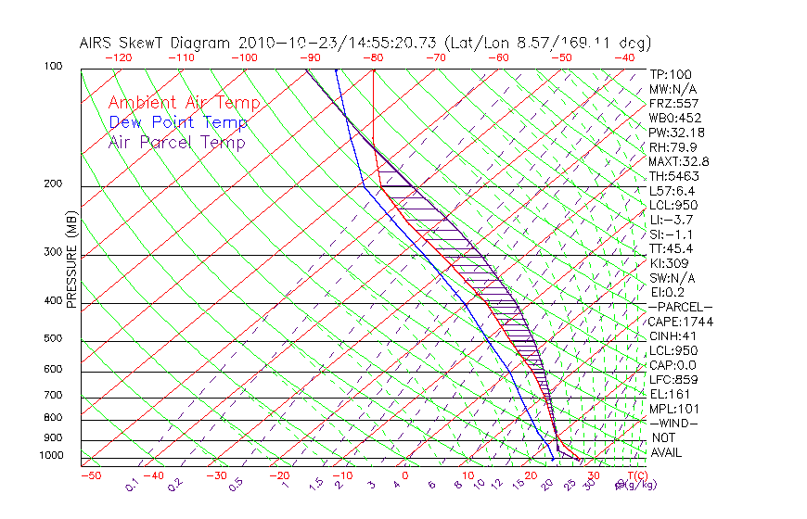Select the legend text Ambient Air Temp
[x=184, y=104]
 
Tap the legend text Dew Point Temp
[x=178, y=123]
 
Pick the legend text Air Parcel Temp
[x=176, y=143]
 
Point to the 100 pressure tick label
[x=53, y=67]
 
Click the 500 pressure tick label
[x=53, y=339]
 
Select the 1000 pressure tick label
[x=50, y=456]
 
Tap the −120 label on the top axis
[x=118, y=57]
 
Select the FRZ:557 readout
[x=673, y=104]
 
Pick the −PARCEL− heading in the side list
[x=680, y=307]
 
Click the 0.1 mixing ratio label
[x=133, y=485]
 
